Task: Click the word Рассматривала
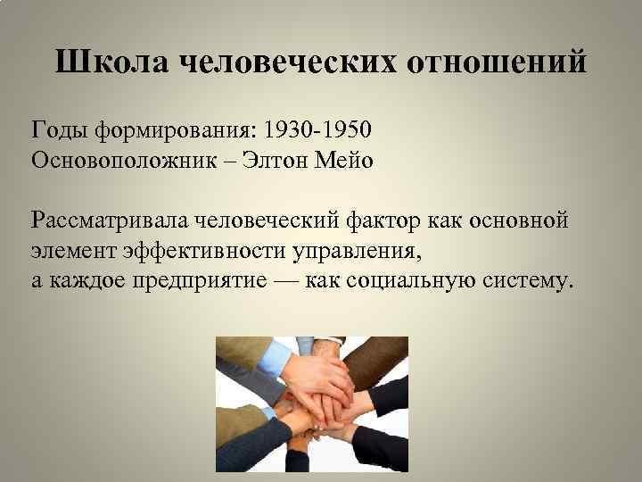106,220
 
